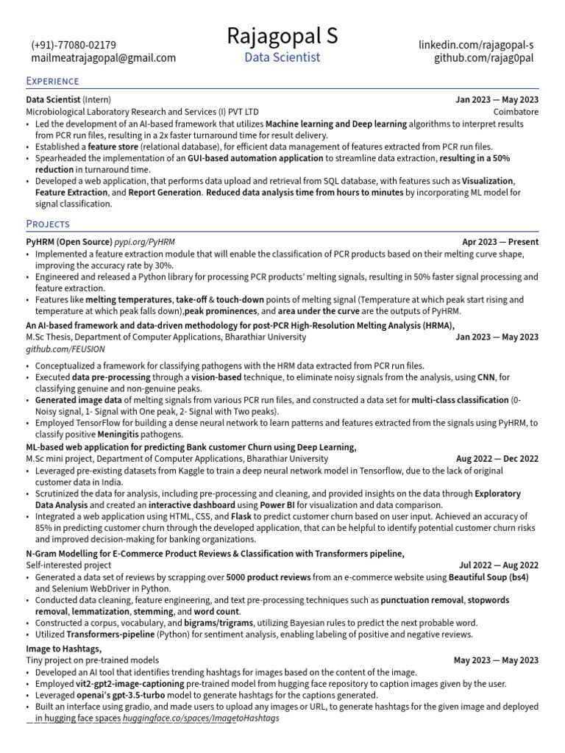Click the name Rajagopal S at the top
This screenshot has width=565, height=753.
tap(282, 35)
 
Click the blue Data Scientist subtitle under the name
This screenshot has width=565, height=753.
tap(282, 57)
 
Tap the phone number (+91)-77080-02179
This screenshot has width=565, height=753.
tap(73, 45)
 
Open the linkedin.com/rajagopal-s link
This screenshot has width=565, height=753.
tap(476, 45)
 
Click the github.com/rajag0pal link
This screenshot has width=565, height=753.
tap(484, 58)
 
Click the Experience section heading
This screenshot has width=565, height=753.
tap(52, 81)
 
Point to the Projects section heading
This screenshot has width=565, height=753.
tap(48, 224)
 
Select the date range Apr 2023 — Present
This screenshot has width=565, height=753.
tap(500, 241)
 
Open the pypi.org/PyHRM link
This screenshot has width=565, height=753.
tap(144, 241)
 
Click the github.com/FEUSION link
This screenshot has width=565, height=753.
tap(65, 349)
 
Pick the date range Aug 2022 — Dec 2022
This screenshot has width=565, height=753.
tap(497, 458)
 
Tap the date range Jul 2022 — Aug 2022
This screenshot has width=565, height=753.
tap(498, 565)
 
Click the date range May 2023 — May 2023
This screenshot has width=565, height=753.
tap(495, 660)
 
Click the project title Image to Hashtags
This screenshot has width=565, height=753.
tap(63, 649)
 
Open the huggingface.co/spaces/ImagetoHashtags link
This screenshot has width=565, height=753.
tap(201, 718)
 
